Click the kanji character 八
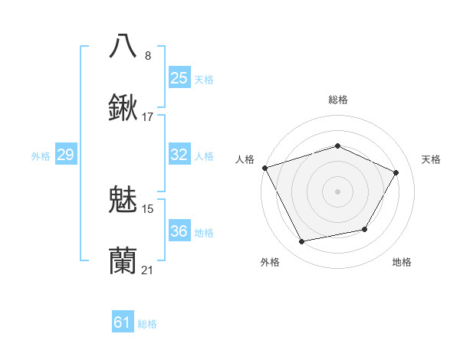coord(123,45)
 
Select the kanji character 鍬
coord(123,108)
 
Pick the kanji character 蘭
coord(123,261)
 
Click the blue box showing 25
coord(179,77)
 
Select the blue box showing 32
coord(179,155)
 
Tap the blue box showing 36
coord(179,231)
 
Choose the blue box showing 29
coord(65,155)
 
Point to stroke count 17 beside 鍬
coord(148,117)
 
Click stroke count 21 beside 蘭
coord(148,270)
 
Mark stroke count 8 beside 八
coord(148,55)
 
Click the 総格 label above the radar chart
coord(337,100)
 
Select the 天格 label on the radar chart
coord(431,159)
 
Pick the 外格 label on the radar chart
coord(270,263)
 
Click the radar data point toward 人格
coord(264,167)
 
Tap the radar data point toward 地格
coord(365,229)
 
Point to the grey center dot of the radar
coord(337,191)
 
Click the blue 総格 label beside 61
coord(147,324)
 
